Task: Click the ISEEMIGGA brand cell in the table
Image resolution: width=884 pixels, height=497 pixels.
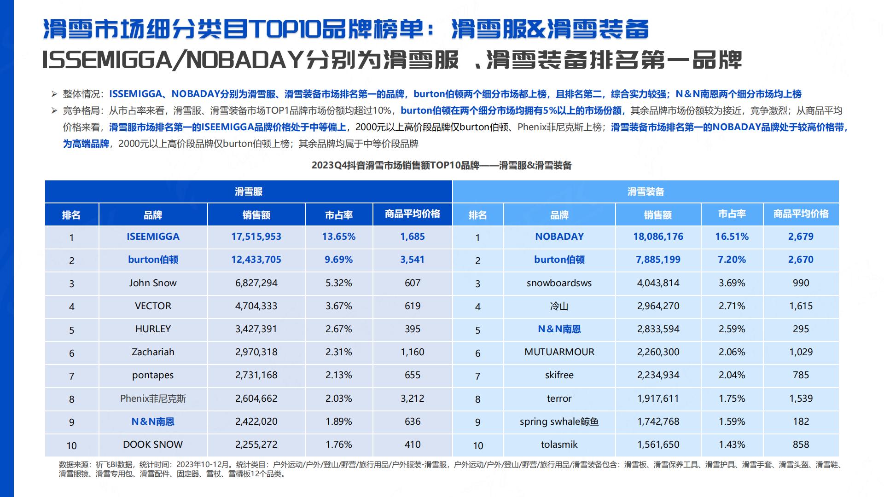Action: click(153, 237)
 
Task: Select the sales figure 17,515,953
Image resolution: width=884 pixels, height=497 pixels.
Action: click(256, 237)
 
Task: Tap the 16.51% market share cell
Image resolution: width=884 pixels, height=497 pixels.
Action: click(732, 237)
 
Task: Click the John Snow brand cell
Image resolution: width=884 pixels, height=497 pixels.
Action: click(153, 283)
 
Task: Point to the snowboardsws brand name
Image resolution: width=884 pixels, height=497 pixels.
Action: click(559, 283)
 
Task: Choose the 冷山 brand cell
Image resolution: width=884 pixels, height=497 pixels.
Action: click(559, 306)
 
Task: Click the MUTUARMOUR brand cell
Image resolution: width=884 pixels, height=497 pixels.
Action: click(559, 352)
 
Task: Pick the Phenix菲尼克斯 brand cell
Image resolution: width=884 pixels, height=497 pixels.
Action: click(153, 399)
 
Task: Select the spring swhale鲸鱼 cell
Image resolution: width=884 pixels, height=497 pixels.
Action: click(559, 422)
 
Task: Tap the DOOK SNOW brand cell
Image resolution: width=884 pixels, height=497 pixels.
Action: click(153, 445)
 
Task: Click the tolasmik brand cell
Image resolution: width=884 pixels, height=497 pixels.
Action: click(559, 445)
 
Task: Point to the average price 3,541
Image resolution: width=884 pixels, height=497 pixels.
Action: click(412, 260)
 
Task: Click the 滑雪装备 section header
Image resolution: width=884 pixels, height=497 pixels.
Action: click(646, 192)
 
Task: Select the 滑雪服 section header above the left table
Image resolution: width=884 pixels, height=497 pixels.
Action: click(249, 192)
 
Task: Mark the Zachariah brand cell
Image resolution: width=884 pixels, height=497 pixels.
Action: click(153, 352)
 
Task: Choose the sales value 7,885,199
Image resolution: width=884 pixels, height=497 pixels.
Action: click(658, 260)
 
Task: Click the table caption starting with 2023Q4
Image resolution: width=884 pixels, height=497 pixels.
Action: click(441, 165)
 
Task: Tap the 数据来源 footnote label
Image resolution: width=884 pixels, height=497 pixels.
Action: click(70, 465)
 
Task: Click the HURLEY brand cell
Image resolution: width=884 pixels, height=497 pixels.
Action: click(153, 329)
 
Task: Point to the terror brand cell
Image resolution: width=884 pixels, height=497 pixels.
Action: click(559, 399)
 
